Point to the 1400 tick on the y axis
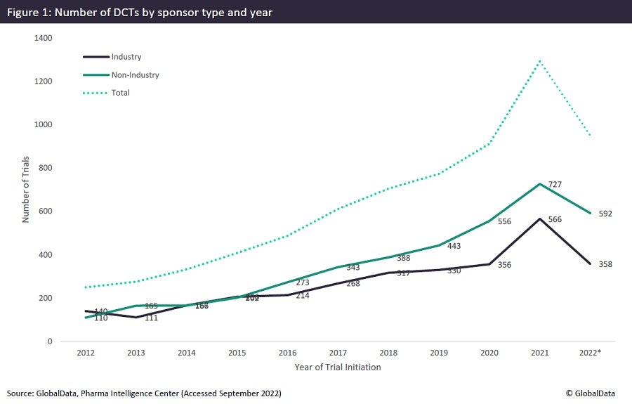43,38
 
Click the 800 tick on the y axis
45,168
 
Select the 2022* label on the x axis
591,353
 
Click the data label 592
605,214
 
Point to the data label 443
454,246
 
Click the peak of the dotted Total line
539,60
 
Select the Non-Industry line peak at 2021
539,184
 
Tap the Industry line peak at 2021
539,219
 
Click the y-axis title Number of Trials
25,190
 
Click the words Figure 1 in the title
28,11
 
